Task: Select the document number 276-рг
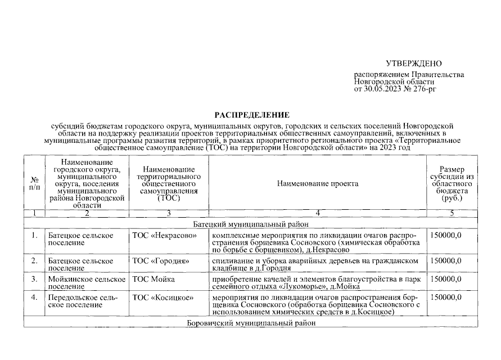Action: (423, 89)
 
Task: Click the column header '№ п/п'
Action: (34, 183)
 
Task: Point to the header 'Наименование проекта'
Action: (317, 183)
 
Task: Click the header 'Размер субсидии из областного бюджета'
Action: (452, 183)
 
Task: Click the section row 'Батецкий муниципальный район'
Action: (250, 223)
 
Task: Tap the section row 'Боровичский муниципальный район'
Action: (250, 323)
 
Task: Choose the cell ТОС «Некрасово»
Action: (164, 235)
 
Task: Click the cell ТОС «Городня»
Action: (160, 261)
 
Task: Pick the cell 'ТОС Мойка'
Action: (153, 279)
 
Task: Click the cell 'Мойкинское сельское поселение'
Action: (87, 283)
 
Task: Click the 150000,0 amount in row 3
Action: (446, 279)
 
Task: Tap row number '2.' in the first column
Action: (34, 261)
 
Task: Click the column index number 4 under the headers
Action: (318, 213)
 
